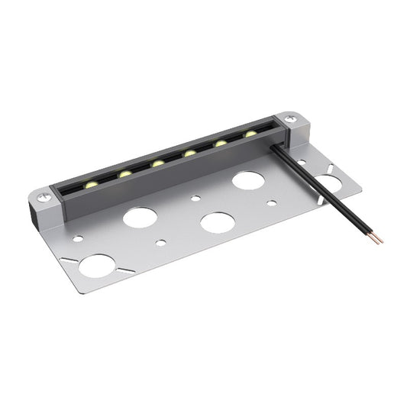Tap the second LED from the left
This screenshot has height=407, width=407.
coord(124,174)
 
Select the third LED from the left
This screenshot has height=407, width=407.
coord(157,163)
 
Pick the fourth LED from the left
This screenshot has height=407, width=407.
coord(189,153)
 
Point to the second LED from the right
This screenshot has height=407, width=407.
coord(220,144)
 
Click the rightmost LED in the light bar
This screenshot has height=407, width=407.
coord(250,134)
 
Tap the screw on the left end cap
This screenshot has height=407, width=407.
coord(44,197)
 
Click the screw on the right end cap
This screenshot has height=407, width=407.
coord(290,119)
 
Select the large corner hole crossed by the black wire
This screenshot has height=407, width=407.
coord(328,183)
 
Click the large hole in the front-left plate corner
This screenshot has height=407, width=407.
coord(97,266)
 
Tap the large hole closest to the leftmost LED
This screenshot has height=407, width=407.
coord(141,218)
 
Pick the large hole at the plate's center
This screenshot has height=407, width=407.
coord(217,223)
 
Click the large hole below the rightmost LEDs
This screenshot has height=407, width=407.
coord(248,181)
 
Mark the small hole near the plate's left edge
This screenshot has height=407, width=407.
coord(78,239)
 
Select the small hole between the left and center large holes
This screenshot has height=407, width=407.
coord(160,243)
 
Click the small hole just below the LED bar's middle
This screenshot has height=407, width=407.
coord(196,199)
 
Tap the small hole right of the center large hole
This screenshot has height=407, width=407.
coord(271,204)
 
